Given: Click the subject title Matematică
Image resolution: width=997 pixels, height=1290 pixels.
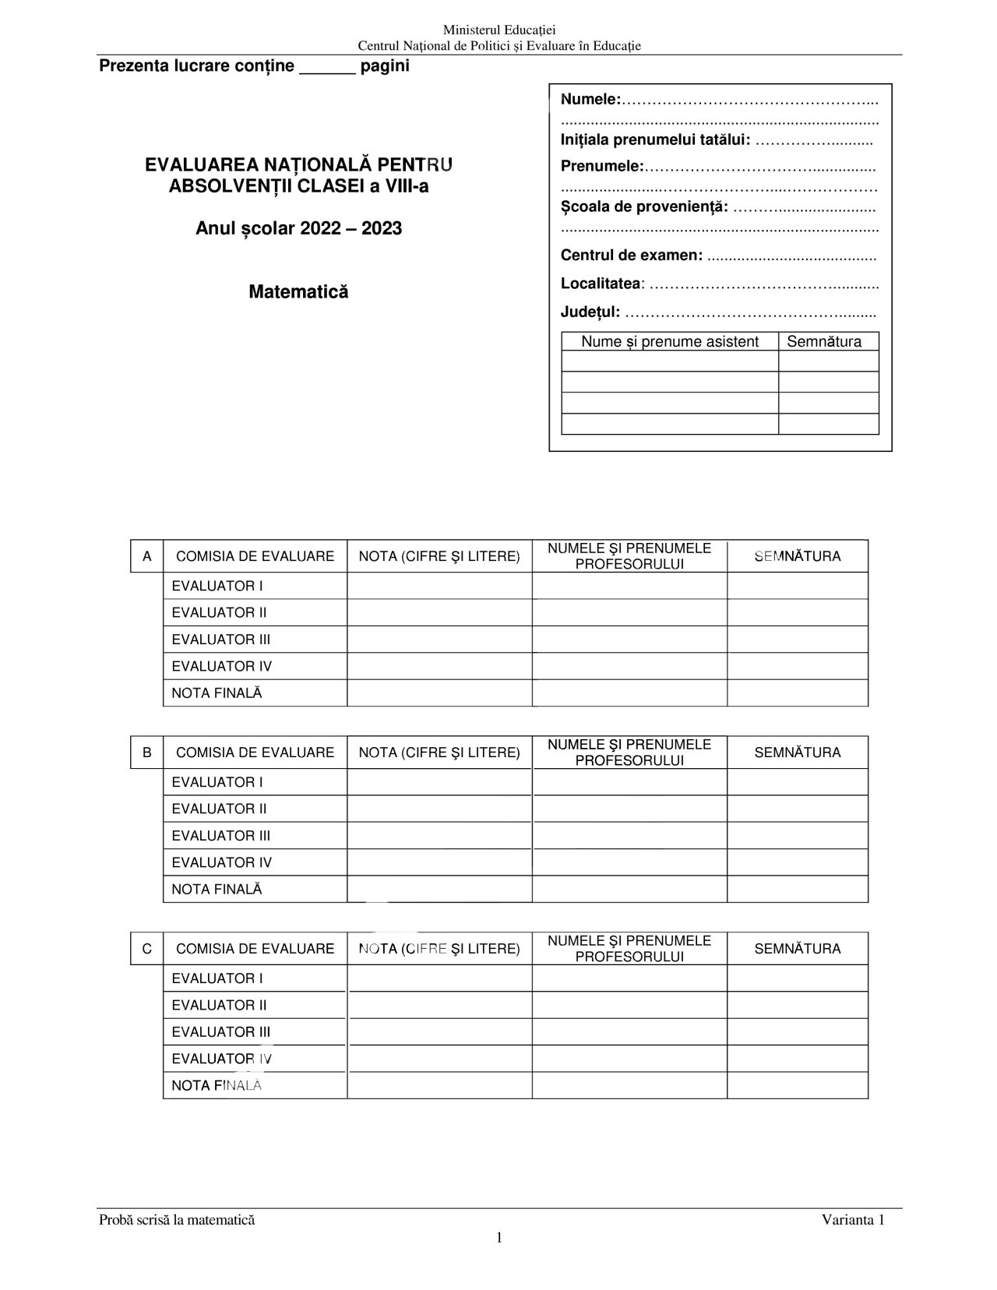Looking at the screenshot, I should click(x=298, y=292).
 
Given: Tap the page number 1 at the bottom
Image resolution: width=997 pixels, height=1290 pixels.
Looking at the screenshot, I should click(x=498, y=1238).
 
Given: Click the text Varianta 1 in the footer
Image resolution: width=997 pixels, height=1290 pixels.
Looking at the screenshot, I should click(x=853, y=1220).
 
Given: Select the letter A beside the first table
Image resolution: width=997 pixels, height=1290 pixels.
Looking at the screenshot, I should click(x=146, y=556).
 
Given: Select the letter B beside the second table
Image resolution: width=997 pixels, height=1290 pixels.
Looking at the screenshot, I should click(x=146, y=752).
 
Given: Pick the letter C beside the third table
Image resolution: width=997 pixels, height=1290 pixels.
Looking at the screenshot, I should click(x=146, y=949).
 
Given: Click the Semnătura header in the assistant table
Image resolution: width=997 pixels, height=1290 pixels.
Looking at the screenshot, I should click(x=824, y=341).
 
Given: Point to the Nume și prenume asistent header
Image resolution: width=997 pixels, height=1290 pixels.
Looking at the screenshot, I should click(x=670, y=341).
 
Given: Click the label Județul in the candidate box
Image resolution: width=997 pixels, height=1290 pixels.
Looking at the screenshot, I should click(x=590, y=312).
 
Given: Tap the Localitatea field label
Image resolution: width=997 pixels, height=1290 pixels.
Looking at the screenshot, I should click(x=601, y=284).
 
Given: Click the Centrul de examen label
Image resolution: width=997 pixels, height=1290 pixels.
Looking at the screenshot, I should click(x=632, y=256).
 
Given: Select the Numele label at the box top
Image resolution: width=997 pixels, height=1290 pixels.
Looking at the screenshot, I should click(x=590, y=99).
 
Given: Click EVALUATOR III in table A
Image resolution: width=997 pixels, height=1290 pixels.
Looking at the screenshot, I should click(x=221, y=640).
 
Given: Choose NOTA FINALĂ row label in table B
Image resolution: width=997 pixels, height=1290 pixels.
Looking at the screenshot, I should click(x=217, y=889).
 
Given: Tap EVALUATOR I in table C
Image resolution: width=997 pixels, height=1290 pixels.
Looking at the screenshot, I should click(x=217, y=978).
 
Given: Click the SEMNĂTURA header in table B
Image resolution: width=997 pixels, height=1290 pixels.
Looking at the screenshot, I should click(x=798, y=752).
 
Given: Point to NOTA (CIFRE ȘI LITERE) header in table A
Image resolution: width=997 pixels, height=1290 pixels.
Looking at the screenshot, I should click(x=439, y=556).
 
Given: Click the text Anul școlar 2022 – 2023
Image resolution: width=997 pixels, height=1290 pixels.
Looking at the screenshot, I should click(x=298, y=228).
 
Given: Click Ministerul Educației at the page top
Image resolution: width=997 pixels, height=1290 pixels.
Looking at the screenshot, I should click(x=498, y=30).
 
